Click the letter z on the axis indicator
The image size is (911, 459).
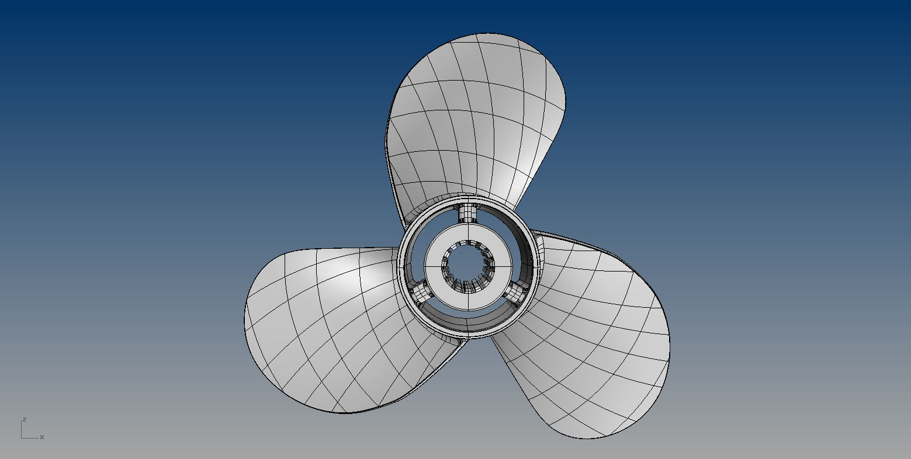click(x=25, y=419)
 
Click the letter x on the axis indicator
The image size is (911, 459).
click(x=42, y=437)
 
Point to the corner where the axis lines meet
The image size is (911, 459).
click(x=22, y=437)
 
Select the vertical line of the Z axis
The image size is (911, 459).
click(x=22, y=429)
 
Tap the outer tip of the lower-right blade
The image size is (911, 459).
click(x=643, y=420)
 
